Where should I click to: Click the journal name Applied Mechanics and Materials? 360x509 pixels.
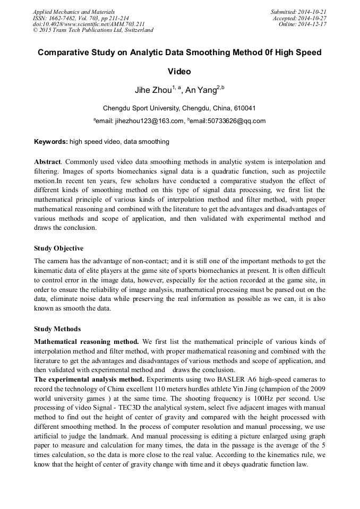[74, 12]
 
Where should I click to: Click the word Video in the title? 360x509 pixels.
[179, 72]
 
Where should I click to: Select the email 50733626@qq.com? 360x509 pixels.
[235, 121]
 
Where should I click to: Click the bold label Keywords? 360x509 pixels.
[50, 142]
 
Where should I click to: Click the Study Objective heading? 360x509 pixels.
[58, 248]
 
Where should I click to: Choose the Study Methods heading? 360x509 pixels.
[57, 329]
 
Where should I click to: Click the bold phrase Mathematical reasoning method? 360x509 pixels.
[87, 341]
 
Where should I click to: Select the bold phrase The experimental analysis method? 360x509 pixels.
[89, 379]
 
